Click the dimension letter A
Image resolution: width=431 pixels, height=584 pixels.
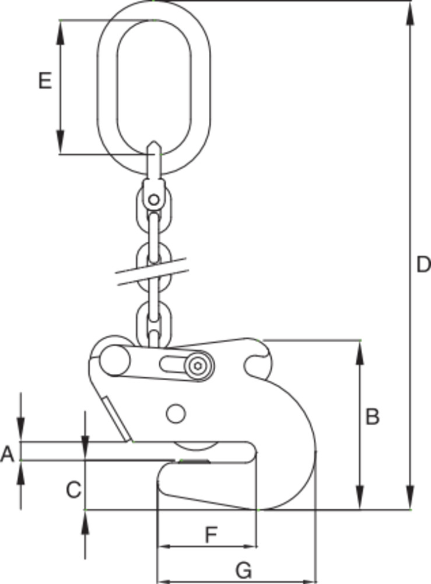click(x=7, y=453)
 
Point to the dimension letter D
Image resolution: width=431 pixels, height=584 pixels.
click(x=419, y=266)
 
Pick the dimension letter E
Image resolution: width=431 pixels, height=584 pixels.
click(x=45, y=81)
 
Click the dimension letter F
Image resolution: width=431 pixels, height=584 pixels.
click(x=211, y=533)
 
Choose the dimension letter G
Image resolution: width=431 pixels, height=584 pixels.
click(x=244, y=569)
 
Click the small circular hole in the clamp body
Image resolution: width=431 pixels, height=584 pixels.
click(x=174, y=413)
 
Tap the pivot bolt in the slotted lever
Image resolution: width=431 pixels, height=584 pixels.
click(x=199, y=366)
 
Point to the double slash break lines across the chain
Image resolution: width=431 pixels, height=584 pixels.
click(x=153, y=273)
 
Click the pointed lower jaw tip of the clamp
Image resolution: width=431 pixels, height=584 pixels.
click(x=160, y=482)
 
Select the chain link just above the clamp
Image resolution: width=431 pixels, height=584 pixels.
click(x=153, y=321)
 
